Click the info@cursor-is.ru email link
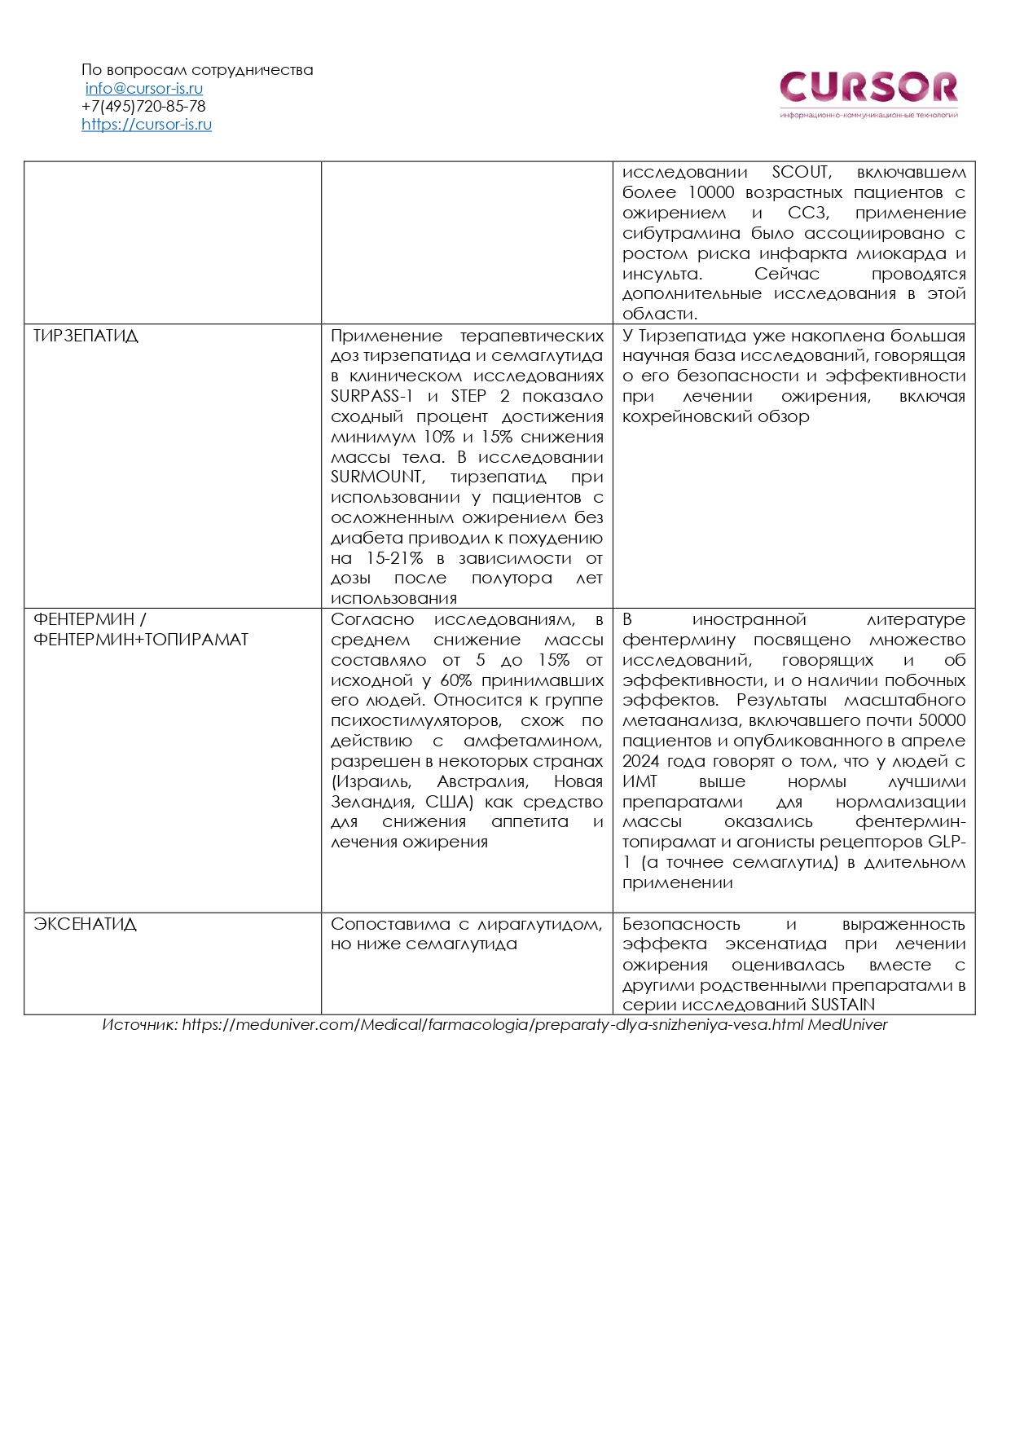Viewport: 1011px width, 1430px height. point(144,89)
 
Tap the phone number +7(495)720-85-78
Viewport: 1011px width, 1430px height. point(143,107)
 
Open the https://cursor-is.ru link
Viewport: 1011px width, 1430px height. point(147,125)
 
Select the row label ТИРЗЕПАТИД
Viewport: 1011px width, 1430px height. point(86,337)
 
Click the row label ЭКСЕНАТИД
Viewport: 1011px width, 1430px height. point(85,925)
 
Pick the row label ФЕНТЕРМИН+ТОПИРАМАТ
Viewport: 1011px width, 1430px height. point(141,640)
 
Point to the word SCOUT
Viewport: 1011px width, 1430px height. point(801,173)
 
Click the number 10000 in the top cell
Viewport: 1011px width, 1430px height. point(711,193)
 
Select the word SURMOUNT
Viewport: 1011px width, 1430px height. point(377,477)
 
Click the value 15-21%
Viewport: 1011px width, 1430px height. point(394,559)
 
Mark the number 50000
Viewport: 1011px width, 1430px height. point(942,721)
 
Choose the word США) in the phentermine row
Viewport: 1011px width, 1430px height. point(449,803)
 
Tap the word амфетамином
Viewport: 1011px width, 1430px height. point(533,741)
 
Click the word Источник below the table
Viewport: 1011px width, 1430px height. point(138,1025)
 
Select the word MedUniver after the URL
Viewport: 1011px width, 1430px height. point(847,1025)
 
